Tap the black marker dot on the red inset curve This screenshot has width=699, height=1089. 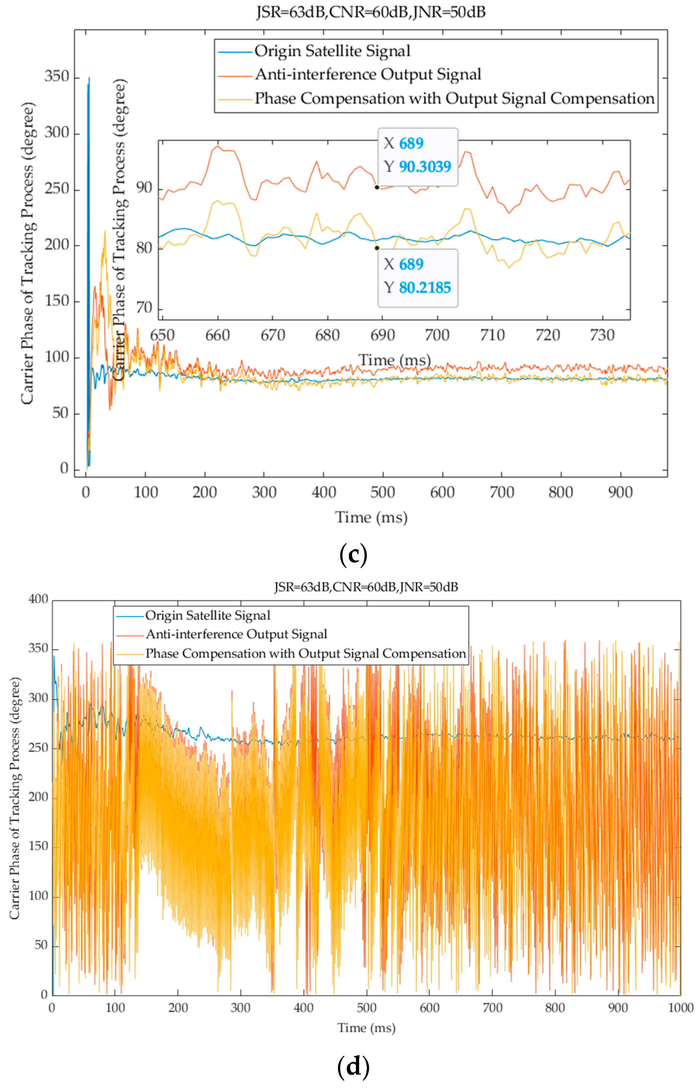[x=377, y=187]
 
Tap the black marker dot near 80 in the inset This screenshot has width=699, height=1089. [x=377, y=248]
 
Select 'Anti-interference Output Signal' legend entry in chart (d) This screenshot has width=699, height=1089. [x=236, y=634]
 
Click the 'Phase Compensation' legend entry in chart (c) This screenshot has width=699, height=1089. [x=454, y=98]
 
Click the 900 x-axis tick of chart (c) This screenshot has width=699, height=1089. [x=620, y=492]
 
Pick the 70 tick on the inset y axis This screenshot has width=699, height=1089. [x=144, y=308]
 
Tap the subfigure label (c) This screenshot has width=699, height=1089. [x=353, y=554]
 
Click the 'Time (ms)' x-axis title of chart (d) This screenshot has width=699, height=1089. [x=366, y=1028]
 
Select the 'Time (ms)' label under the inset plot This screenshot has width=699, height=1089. [x=394, y=360]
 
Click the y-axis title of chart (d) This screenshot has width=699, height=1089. [x=15, y=798]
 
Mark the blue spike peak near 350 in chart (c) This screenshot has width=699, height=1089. [x=89, y=78]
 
